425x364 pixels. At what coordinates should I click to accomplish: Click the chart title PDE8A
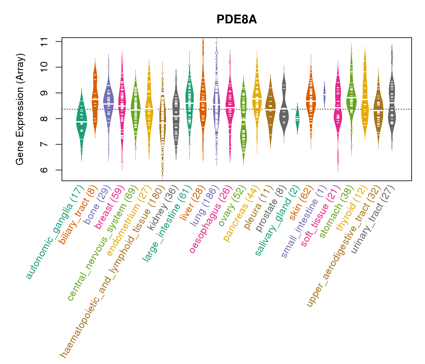236,20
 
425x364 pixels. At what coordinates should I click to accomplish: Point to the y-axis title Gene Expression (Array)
20,109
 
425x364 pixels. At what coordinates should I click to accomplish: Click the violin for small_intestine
325,94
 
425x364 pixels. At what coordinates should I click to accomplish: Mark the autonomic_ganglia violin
81,121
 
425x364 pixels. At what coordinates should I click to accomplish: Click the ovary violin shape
243,121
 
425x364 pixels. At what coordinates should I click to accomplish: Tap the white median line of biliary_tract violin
95,99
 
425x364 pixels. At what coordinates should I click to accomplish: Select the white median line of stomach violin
351,97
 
